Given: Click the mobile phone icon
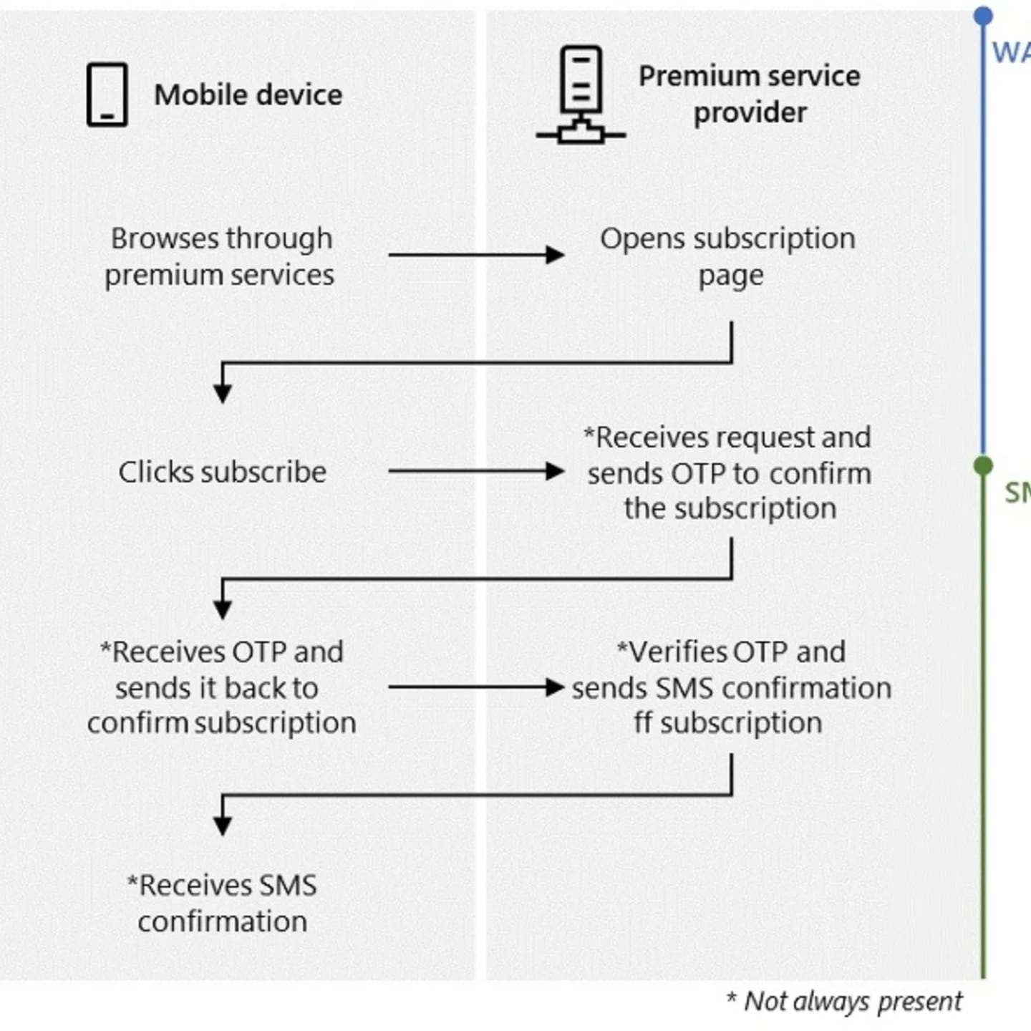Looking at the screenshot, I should tap(107, 95).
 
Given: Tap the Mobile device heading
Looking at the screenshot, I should tap(248, 95).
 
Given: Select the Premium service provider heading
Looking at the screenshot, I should tap(749, 94).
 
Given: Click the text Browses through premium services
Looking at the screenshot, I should tap(220, 256).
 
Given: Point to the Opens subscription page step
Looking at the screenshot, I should tap(728, 256).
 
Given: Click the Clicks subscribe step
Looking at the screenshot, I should tap(222, 472).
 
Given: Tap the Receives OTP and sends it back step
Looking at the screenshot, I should tap(222, 687).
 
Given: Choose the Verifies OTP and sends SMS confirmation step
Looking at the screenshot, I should tap(730, 687).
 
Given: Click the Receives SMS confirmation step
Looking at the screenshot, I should tap(222, 903).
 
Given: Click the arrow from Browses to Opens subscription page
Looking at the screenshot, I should tap(476, 254).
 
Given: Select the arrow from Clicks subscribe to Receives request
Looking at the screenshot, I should tap(476, 471).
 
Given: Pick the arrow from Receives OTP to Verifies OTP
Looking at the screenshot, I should tap(476, 687).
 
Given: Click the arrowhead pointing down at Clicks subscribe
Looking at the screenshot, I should tap(223, 393).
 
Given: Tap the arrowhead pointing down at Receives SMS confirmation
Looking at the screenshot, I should tap(223, 826).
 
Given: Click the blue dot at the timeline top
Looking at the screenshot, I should tap(983, 15).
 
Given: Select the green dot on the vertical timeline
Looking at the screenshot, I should tap(983, 466).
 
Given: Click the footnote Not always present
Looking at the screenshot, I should tap(845, 1001).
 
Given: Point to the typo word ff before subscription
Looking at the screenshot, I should tap(642, 722).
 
